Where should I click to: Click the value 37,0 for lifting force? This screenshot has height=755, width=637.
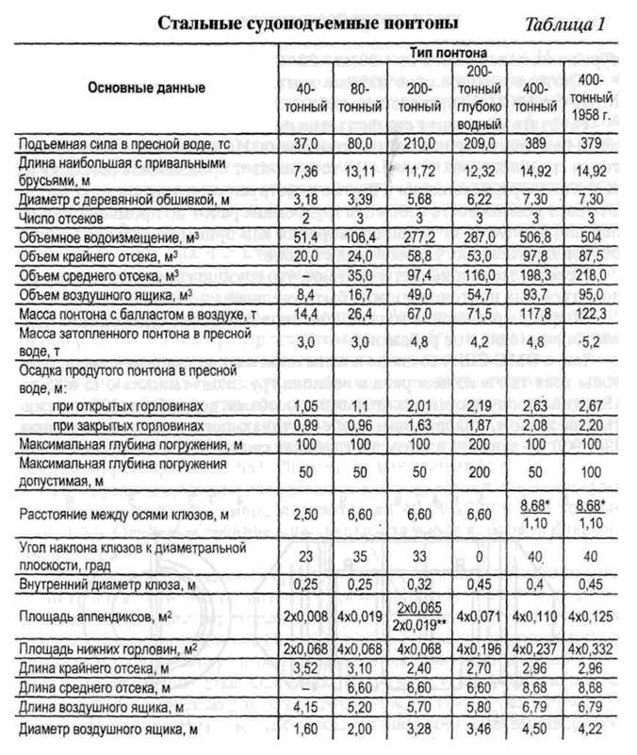(x=303, y=146)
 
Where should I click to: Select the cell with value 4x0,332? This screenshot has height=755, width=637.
(x=589, y=650)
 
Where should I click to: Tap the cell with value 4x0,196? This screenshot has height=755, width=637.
(x=480, y=650)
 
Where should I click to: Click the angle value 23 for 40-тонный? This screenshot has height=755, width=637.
(x=303, y=556)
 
